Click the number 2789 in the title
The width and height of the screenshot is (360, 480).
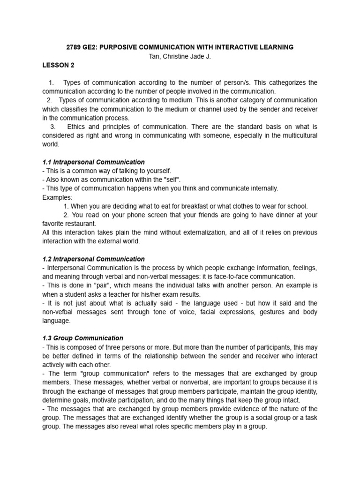tap(74, 47)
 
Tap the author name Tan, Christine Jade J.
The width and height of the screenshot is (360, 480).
tap(180, 56)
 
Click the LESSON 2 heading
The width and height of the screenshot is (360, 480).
tap(58, 65)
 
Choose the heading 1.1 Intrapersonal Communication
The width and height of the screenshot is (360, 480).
tap(93, 162)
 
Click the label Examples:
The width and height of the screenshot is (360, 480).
tap(57, 197)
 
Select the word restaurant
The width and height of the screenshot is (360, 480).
tap(87, 224)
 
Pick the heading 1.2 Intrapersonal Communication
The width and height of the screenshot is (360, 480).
tap(93, 259)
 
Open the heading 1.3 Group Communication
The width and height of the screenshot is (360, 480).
tap(82, 338)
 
